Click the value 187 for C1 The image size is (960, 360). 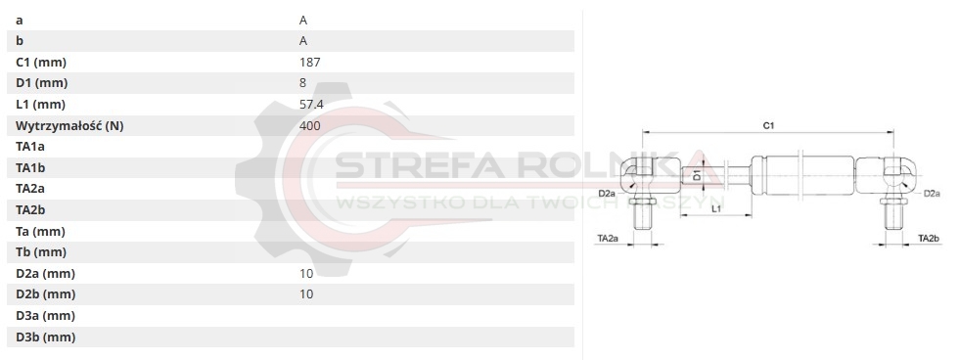point(309,62)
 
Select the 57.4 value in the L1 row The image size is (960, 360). point(311,104)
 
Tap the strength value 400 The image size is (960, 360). point(309,125)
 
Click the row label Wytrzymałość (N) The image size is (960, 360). point(69,126)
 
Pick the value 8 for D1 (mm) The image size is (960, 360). point(302,83)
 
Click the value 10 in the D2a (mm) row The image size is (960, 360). point(306,273)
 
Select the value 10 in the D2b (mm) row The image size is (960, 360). point(306,294)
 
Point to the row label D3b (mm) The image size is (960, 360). point(45,337)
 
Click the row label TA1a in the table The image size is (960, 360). point(30,147)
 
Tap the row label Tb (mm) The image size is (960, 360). point(41,252)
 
